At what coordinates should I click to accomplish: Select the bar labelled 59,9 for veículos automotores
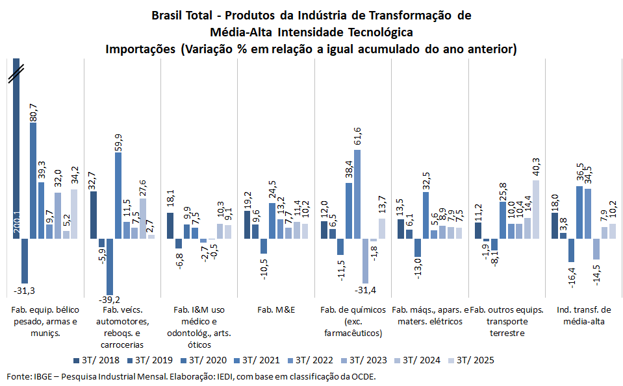click(118, 195)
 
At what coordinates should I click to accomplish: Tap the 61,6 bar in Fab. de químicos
click(357, 194)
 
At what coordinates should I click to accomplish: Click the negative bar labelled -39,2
click(110, 267)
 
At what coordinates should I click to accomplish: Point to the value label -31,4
click(365, 280)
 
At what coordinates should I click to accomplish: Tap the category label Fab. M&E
click(276, 309)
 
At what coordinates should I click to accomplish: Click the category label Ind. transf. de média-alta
click(583, 315)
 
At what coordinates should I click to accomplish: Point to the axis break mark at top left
click(16, 77)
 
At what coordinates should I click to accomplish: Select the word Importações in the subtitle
click(142, 49)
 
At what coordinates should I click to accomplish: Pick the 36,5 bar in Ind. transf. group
click(579, 212)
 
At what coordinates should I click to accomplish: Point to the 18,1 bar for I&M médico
click(170, 226)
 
